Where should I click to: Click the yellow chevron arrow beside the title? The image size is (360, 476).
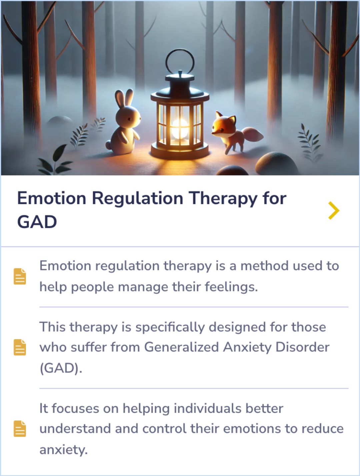334,210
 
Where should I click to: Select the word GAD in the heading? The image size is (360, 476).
37,222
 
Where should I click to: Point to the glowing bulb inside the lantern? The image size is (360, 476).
180,129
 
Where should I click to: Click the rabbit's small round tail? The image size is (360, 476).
108,145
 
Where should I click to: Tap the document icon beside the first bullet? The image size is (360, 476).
20,276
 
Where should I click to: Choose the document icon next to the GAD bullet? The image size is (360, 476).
20,347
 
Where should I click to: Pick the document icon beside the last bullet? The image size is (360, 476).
20,429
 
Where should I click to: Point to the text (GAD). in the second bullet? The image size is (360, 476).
61,368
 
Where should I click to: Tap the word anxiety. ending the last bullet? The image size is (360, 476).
63,450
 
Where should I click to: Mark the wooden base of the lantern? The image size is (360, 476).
180,152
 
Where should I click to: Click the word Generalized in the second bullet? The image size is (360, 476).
181,347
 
